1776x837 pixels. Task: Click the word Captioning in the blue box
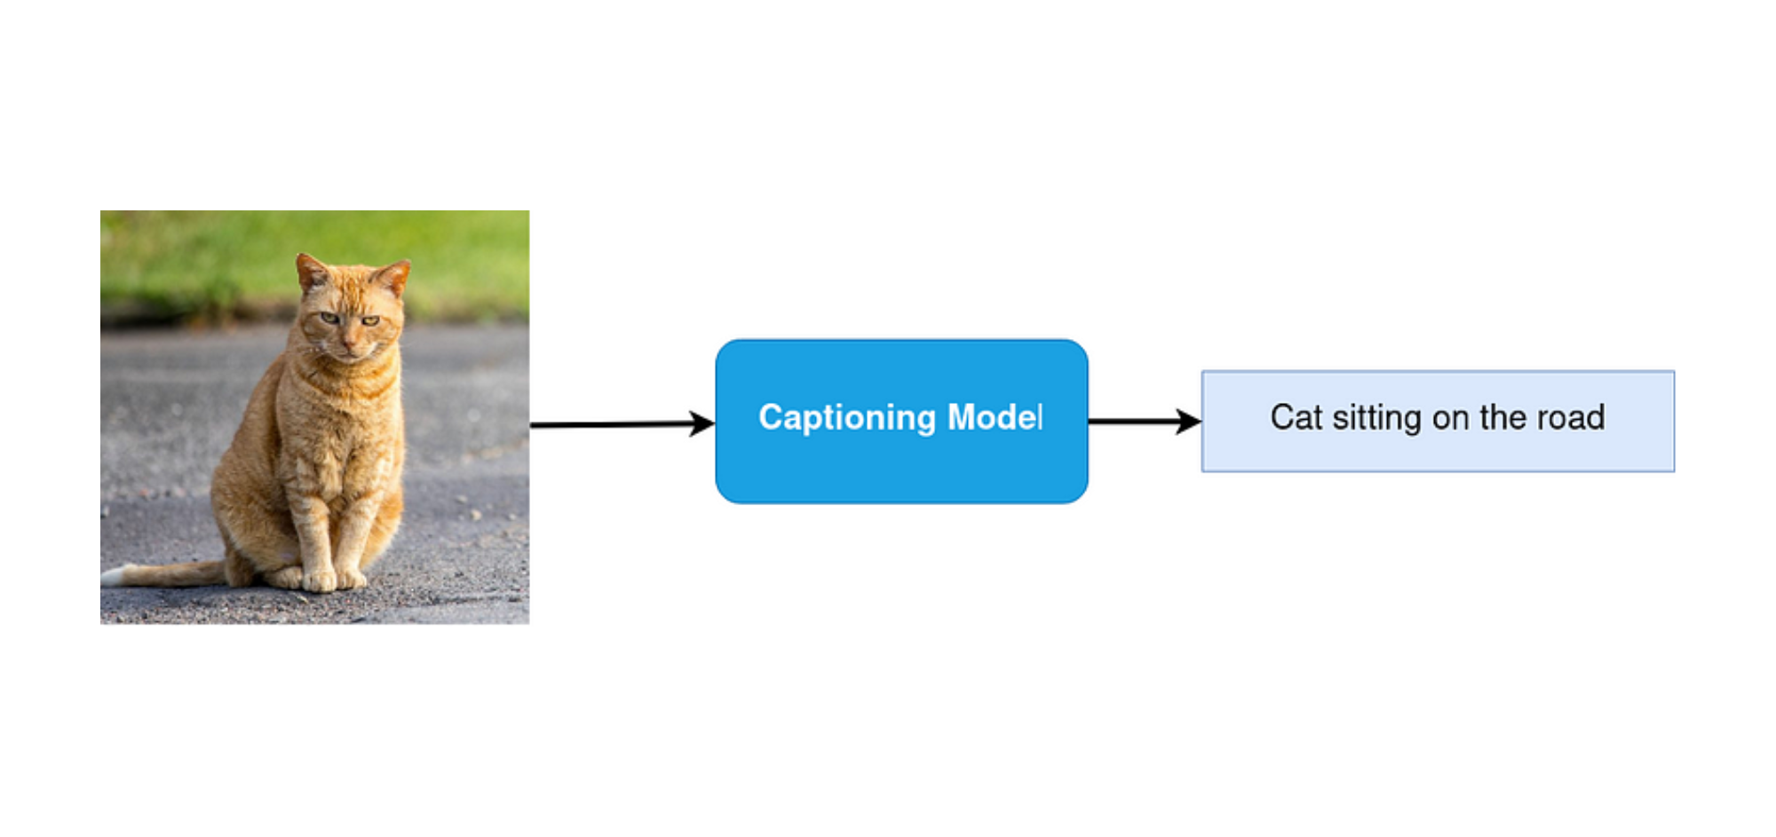pos(846,417)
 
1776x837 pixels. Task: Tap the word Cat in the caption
pos(1296,417)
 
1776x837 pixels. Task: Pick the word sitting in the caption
pos(1376,418)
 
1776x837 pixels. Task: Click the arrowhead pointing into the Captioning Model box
pos(703,423)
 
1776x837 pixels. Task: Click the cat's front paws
pos(334,580)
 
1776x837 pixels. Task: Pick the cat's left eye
pos(370,320)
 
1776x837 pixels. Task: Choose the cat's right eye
pos(329,317)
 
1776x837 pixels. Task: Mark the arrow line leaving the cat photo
pos(613,424)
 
